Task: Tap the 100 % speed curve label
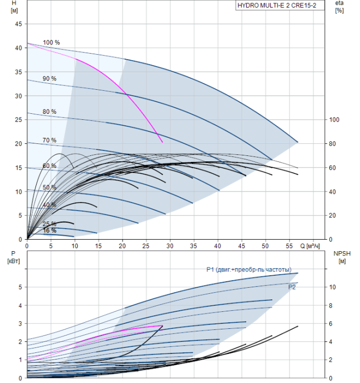point(51,43)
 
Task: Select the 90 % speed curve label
point(49,79)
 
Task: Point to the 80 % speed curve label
point(49,112)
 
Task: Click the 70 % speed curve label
point(49,141)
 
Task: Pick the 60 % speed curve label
point(49,166)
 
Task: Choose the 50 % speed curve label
point(49,188)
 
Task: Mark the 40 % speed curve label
point(49,205)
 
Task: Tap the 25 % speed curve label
point(49,224)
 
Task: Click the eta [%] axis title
point(339,8)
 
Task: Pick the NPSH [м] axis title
point(340,257)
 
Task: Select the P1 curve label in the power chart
point(252,269)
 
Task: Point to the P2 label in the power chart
point(292,286)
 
